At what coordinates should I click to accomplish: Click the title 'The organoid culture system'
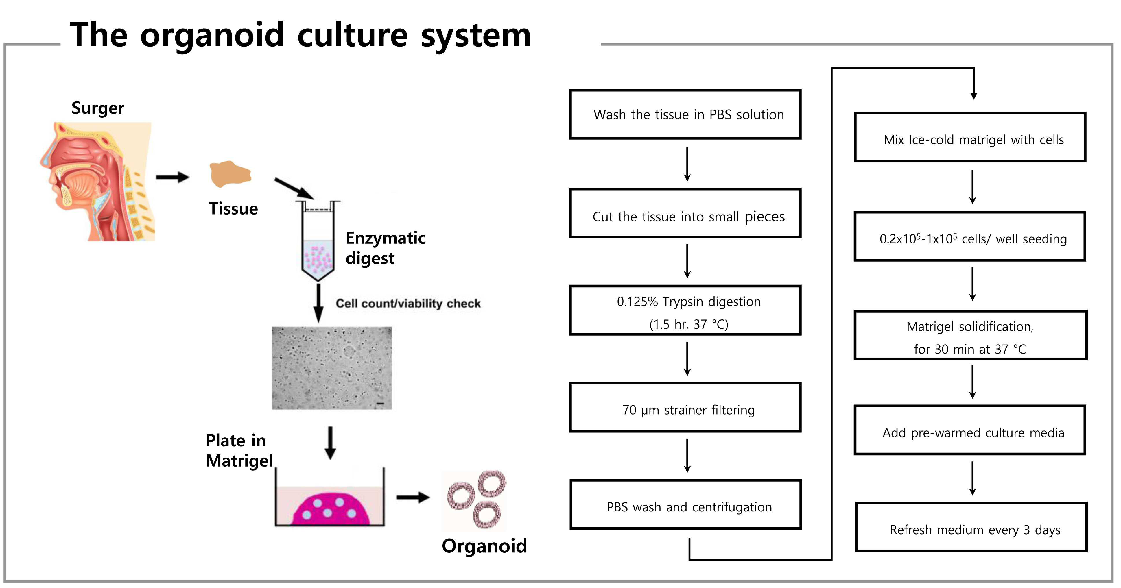pos(300,35)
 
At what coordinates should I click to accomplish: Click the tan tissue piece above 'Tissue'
pos(230,174)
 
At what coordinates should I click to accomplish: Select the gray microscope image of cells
pos(332,368)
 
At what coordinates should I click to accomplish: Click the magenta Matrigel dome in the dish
pos(331,509)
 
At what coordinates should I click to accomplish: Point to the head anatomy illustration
pos(97,181)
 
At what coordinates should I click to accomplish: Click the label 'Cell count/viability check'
pos(408,304)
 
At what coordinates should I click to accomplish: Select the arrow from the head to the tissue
pos(173,177)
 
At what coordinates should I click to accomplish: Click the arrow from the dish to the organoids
pos(413,497)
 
